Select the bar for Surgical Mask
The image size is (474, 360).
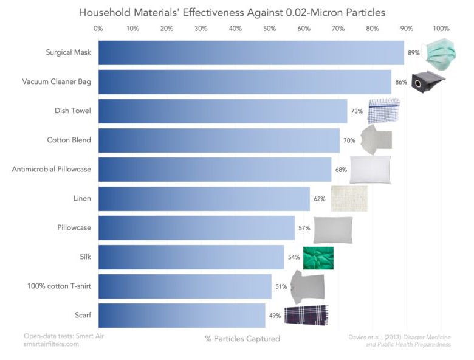[251, 53]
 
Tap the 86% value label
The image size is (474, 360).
[401, 81]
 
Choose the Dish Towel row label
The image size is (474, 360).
[72, 111]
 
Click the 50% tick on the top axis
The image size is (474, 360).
[270, 29]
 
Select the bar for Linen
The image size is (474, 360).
[204, 199]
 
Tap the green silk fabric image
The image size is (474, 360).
[318, 258]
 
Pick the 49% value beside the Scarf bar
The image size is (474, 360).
[275, 316]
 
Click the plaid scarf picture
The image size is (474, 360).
[307, 315]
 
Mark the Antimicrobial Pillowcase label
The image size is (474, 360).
[52, 169]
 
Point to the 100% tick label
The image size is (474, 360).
[441, 29]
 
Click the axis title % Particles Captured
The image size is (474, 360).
[242, 339]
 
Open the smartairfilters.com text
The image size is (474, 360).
[52, 344]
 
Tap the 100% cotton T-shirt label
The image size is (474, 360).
[59, 286]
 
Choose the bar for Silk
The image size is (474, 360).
[191, 257]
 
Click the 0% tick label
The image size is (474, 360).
[98, 29]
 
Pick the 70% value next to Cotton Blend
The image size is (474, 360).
[349, 140]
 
